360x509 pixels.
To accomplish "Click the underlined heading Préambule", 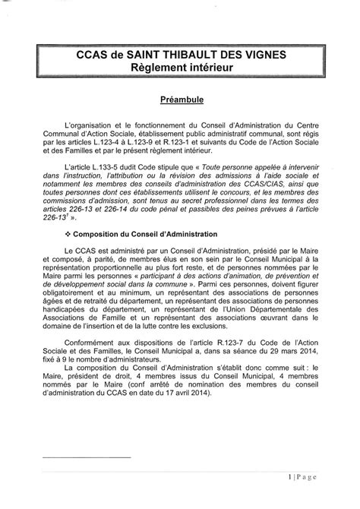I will (180, 100).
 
